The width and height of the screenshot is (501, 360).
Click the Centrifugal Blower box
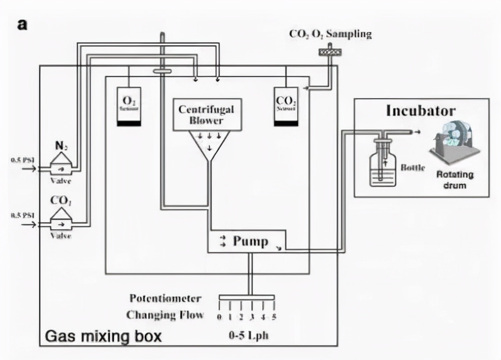point(206,114)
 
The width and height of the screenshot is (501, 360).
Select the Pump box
point(247,241)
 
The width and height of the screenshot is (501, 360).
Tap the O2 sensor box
point(129,107)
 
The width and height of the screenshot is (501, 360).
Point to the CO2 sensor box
point(286,107)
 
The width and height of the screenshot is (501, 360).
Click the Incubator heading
point(421,111)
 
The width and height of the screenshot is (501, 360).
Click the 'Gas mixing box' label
point(103,336)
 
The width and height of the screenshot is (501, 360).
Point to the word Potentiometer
point(165,298)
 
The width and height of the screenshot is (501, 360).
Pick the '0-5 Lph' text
point(247,336)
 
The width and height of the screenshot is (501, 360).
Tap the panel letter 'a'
point(22,24)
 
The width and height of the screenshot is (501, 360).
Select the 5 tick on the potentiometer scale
point(274,318)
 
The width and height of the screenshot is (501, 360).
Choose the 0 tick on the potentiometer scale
point(220,318)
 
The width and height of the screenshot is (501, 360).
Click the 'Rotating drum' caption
point(454,179)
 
